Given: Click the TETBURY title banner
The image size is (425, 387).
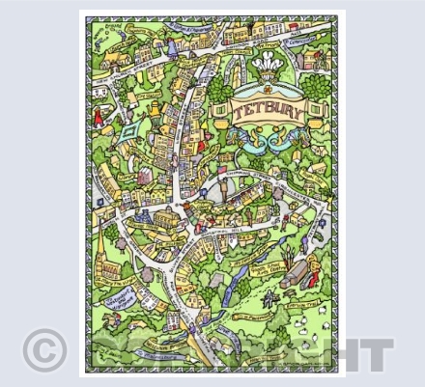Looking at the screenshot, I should (x=269, y=110).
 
